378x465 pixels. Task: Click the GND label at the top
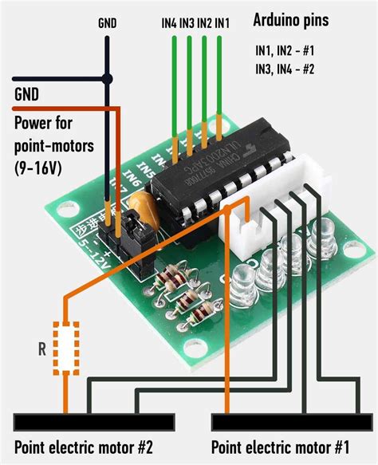pyautogui.click(x=107, y=23)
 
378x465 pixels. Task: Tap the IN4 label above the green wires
pyautogui.click(x=169, y=23)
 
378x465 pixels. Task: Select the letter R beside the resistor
pyautogui.click(x=41, y=348)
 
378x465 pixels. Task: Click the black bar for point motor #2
pyautogui.click(x=93, y=420)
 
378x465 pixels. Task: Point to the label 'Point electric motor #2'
pyautogui.click(x=83, y=446)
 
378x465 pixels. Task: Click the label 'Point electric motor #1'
pyautogui.click(x=280, y=446)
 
